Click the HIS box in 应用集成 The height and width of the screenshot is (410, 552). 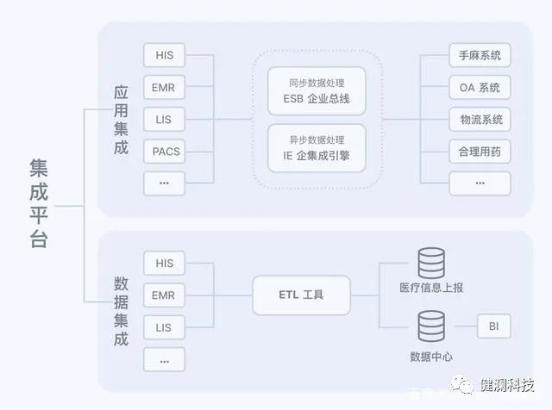(164, 56)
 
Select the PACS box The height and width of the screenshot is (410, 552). (164, 151)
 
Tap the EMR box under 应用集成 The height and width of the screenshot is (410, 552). (164, 87)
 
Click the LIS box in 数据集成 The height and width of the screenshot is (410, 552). (164, 327)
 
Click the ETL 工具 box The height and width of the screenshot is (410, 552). (301, 295)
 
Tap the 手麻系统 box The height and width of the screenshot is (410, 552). (480, 56)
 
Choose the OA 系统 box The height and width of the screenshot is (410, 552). (480, 87)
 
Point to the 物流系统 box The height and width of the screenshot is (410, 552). (480, 119)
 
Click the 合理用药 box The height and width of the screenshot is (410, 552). (480, 151)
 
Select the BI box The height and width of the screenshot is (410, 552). (493, 327)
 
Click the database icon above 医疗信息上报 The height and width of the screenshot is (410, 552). (431, 263)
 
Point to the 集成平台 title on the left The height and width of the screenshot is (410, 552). (39, 203)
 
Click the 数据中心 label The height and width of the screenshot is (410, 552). (431, 357)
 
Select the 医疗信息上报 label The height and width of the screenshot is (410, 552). (431, 288)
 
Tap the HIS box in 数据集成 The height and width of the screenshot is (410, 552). (164, 263)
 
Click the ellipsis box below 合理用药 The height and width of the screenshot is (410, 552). (480, 183)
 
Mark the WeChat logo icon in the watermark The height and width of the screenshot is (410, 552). (464, 386)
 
